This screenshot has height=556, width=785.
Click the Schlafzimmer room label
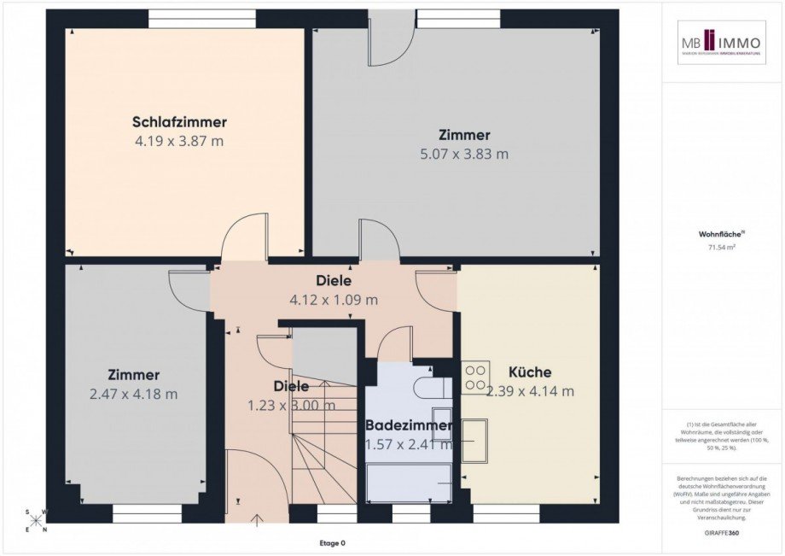coord(179,122)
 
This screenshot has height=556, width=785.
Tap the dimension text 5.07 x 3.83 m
coord(464,155)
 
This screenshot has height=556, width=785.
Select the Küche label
coord(529,372)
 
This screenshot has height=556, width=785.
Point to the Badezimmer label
coord(408,425)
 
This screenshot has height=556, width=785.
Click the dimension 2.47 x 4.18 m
coord(133,394)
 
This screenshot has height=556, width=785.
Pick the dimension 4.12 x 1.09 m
coord(334,300)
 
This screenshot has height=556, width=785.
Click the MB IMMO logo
coord(722,43)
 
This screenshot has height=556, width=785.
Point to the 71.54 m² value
coord(722,248)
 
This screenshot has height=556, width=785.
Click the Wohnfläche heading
coord(721,231)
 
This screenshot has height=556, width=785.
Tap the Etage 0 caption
coord(333,543)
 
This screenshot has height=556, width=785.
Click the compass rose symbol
coord(37,521)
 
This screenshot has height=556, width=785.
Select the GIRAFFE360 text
coord(722,531)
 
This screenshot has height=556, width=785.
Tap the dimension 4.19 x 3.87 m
coord(179,141)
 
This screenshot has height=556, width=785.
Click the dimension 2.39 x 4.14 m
coord(530,391)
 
